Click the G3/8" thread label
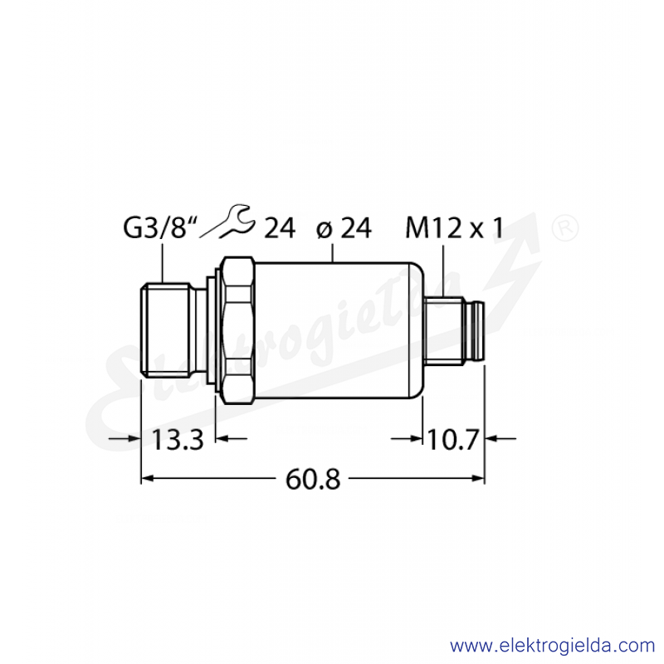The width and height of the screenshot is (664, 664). click(x=160, y=229)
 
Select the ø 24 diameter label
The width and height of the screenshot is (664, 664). click(x=344, y=229)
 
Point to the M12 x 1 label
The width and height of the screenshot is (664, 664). click(x=455, y=229)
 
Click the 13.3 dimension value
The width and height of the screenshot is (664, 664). click(x=178, y=439)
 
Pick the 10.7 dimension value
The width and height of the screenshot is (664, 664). click(x=452, y=439)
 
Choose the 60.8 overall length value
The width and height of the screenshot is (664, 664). click(x=313, y=479)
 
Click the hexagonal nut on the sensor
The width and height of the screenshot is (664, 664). click(x=238, y=330)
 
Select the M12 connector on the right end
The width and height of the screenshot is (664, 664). click(x=453, y=330)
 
